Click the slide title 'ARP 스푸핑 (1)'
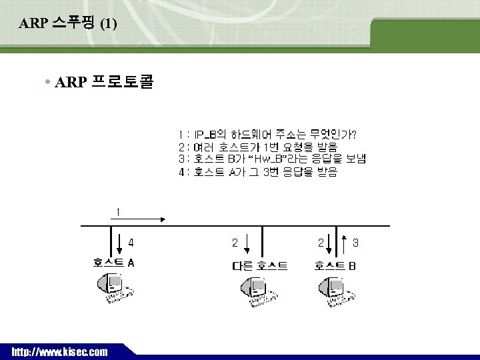coord(68,24)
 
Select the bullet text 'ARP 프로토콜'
coord(104,83)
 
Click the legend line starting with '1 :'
coord(267,134)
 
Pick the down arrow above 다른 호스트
coord(247,243)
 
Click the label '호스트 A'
coord(114,262)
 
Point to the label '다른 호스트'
coord(259,266)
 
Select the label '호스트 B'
coord(335,266)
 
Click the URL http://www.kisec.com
coord(59,351)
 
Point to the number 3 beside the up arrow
coord(355,243)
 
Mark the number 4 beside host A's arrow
coord(131,243)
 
